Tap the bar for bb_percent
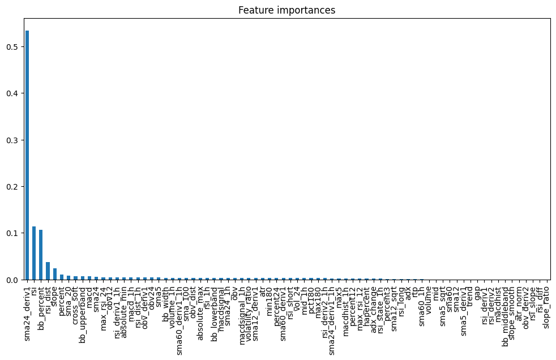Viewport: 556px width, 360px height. coord(41,255)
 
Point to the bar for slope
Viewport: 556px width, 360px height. coord(55,274)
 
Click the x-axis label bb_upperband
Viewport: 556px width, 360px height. coord(83,308)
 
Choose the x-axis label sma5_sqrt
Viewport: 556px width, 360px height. coord(443,302)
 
